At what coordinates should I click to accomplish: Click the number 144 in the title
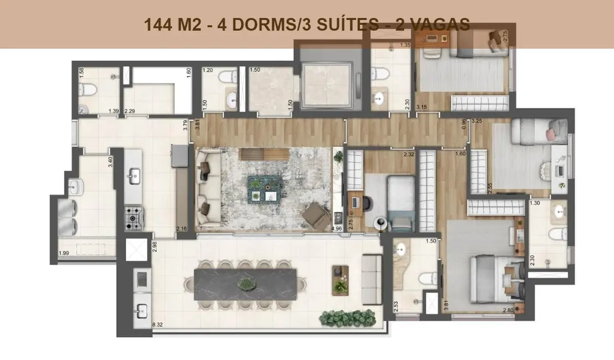157,24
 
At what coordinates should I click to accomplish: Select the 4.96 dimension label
336,228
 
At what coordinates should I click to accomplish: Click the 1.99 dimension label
65,254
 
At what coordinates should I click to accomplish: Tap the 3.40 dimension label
111,162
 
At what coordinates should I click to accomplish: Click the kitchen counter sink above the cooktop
133,177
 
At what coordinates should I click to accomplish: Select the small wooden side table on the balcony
339,279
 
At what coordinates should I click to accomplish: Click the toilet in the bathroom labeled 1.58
84,89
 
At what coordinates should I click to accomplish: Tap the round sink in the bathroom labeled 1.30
557,210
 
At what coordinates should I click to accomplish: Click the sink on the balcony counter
141,309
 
